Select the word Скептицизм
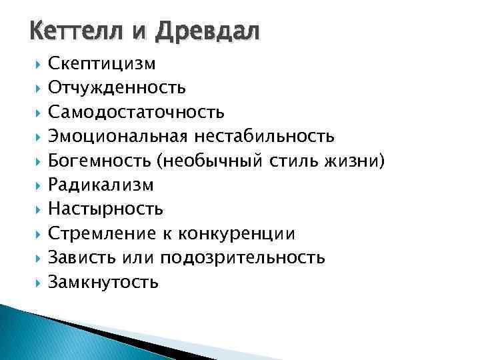102,64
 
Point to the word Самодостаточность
136,111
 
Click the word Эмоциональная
119,136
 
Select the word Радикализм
101,185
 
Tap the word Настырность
105,209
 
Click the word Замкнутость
103,281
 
